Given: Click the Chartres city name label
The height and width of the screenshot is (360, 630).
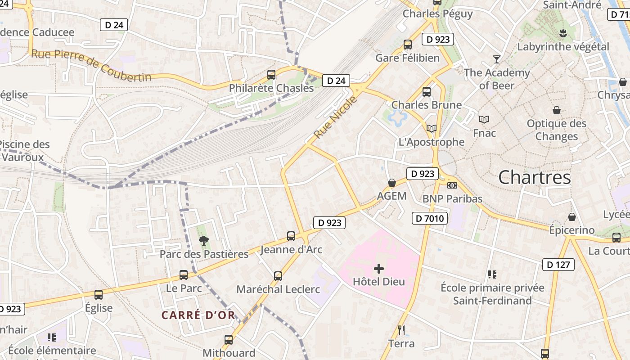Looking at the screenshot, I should pyautogui.click(x=535, y=177).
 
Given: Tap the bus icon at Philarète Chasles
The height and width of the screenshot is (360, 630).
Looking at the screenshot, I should pyautogui.click(x=271, y=75).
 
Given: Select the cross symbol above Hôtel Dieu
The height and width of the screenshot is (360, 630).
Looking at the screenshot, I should pyautogui.click(x=379, y=269).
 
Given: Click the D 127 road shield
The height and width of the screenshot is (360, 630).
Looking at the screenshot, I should pyautogui.click(x=558, y=265).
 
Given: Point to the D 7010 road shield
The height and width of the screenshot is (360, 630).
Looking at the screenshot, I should pyautogui.click(x=429, y=219).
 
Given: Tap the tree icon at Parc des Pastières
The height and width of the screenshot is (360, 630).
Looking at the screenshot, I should pyautogui.click(x=204, y=241).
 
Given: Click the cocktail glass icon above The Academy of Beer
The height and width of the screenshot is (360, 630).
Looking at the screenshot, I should pyautogui.click(x=497, y=59).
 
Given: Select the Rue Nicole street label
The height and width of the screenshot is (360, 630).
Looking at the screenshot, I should pyautogui.click(x=335, y=117).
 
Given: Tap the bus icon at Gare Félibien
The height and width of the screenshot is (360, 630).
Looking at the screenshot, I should pyautogui.click(x=408, y=45).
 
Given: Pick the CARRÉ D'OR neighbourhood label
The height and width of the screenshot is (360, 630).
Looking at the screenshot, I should pyautogui.click(x=198, y=315).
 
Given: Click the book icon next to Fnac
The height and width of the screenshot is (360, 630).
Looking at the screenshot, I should pyautogui.click(x=484, y=119).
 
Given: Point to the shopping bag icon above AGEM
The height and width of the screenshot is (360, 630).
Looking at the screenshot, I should pyautogui.click(x=392, y=183).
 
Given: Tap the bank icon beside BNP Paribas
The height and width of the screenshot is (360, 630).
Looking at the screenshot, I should pyautogui.click(x=452, y=185).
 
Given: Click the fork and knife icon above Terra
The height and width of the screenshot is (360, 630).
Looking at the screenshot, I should pyautogui.click(x=401, y=330).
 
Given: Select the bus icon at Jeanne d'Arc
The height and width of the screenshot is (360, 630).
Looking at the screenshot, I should pyautogui.click(x=291, y=236).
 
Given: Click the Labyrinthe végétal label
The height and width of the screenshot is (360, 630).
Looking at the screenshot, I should pyautogui.click(x=563, y=47).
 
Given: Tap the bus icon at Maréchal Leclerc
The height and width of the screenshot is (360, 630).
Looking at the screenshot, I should pyautogui.click(x=278, y=276).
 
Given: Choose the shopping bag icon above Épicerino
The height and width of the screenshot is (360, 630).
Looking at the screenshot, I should pyautogui.click(x=572, y=217).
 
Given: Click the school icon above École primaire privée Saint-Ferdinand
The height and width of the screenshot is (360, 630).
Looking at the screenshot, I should pyautogui.click(x=492, y=274).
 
